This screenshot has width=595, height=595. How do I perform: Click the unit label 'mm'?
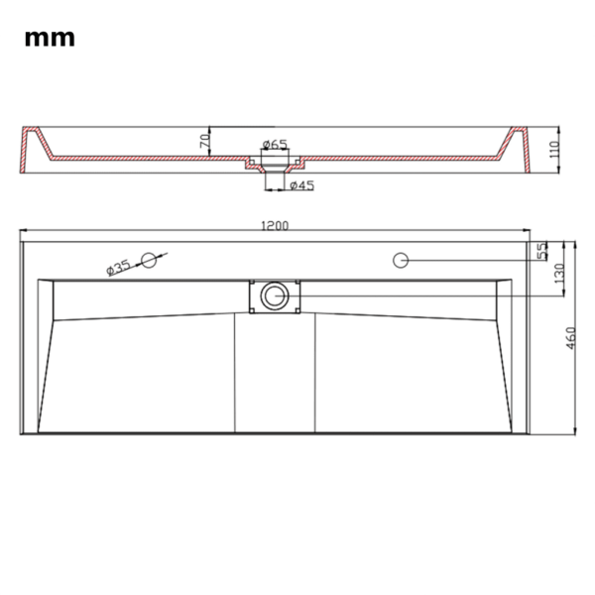coord(49,39)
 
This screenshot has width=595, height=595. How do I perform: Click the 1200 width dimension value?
coord(275,226)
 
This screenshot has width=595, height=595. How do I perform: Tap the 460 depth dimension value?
coord(571,338)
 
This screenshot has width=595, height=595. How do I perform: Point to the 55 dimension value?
coord(542,251)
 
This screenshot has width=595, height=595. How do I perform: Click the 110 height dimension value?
coord(554,150)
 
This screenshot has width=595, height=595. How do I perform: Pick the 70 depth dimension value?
coord(206,142)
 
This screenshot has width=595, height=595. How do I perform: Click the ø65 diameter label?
coord(275,145)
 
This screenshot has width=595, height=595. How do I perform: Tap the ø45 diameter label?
coord(301,185)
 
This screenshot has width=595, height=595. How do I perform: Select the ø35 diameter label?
coord(118,266)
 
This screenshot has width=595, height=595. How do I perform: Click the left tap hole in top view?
coord(149,260)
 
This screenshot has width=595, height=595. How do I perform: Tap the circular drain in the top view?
coord(274,295)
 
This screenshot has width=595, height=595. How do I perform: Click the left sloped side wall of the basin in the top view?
coord(46,357)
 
